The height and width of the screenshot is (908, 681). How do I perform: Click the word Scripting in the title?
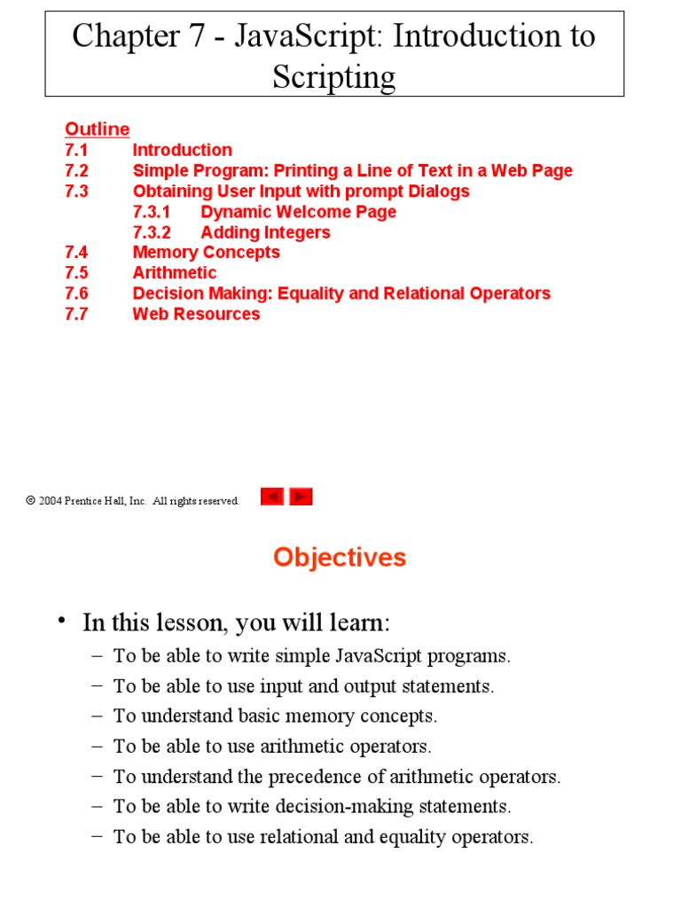(334, 77)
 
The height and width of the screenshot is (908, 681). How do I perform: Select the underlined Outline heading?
(98, 129)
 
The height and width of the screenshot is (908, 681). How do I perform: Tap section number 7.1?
(76, 150)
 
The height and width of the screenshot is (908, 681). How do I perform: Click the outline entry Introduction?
(183, 150)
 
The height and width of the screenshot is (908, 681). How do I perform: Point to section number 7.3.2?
(152, 232)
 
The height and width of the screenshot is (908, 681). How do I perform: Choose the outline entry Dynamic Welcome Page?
(298, 212)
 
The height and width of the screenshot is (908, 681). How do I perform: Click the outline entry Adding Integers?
(265, 232)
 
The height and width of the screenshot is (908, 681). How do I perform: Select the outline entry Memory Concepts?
(206, 253)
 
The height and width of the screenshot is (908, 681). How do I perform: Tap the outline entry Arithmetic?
(175, 273)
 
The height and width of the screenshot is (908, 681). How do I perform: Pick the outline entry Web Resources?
(196, 314)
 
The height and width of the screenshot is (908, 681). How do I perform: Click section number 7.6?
(76, 294)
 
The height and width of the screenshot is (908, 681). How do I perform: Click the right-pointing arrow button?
(301, 497)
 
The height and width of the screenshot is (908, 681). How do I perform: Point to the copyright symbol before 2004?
(30, 501)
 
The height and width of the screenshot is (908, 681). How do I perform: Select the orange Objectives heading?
(340, 558)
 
